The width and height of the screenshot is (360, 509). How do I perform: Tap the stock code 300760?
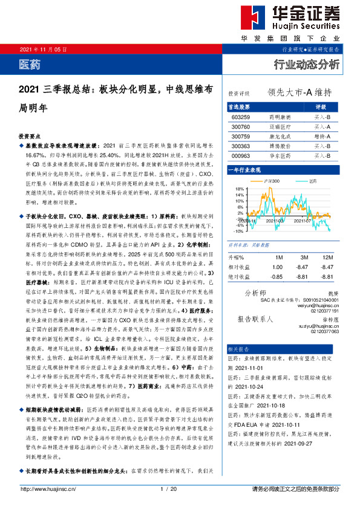241,127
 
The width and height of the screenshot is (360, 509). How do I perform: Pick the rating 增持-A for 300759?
322,137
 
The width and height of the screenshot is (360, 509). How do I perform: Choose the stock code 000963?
241,156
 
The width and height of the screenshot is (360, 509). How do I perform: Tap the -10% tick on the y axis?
239,231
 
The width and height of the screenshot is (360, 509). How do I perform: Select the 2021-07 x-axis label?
303,221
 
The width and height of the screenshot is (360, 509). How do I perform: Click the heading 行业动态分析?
307,64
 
